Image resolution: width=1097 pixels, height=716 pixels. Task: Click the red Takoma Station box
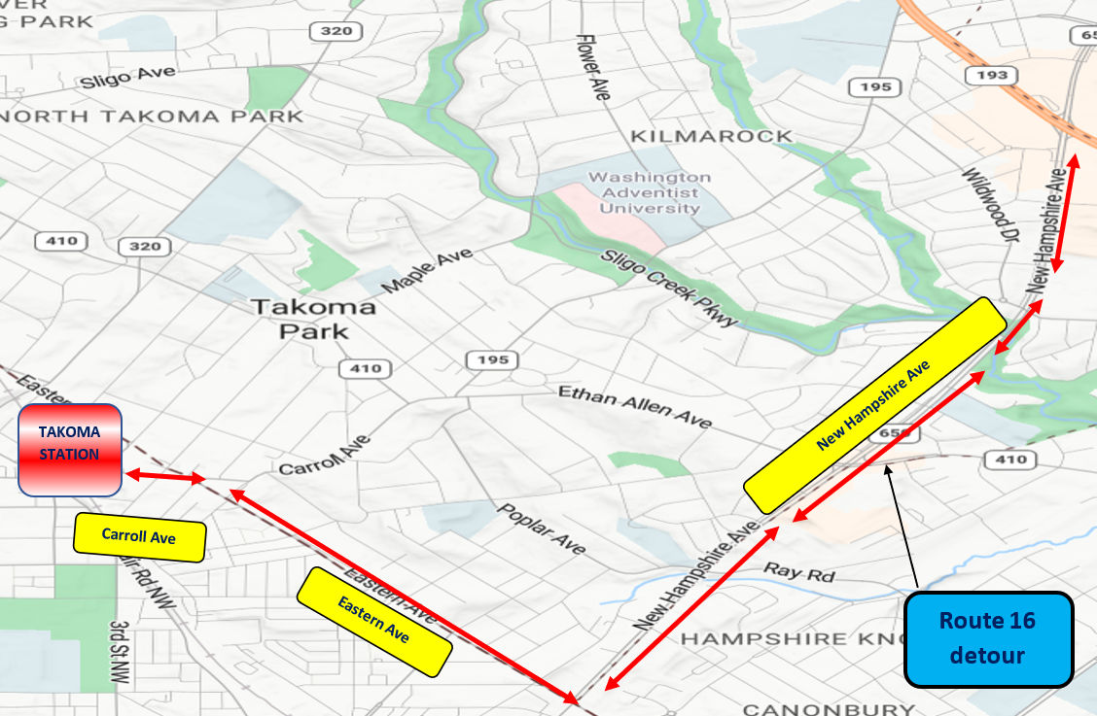tap(69, 450)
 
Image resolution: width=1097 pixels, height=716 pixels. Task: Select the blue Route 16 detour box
tap(988, 637)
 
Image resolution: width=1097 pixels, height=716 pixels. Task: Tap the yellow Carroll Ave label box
tap(140, 536)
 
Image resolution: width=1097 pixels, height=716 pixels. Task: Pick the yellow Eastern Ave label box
tap(374, 621)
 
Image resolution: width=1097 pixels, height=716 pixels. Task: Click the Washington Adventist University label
tap(650, 192)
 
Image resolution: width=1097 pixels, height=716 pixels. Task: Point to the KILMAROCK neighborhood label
tap(712, 136)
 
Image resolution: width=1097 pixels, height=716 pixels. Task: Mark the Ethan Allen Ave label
tap(634, 406)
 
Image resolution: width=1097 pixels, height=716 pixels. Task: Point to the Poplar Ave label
tap(542, 528)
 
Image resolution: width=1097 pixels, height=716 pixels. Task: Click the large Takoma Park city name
tap(313, 319)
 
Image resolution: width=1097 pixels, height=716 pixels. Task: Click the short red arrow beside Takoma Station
tap(164, 476)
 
